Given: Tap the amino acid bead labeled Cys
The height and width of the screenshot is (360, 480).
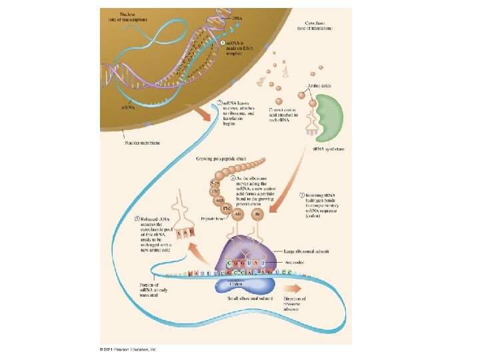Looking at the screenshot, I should click(x=216, y=181).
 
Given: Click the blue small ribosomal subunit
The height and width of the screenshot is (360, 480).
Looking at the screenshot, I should click(x=240, y=286).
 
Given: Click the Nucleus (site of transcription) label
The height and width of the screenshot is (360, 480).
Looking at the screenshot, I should click(x=130, y=16).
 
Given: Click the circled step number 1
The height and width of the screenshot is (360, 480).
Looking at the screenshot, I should click(x=223, y=42).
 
